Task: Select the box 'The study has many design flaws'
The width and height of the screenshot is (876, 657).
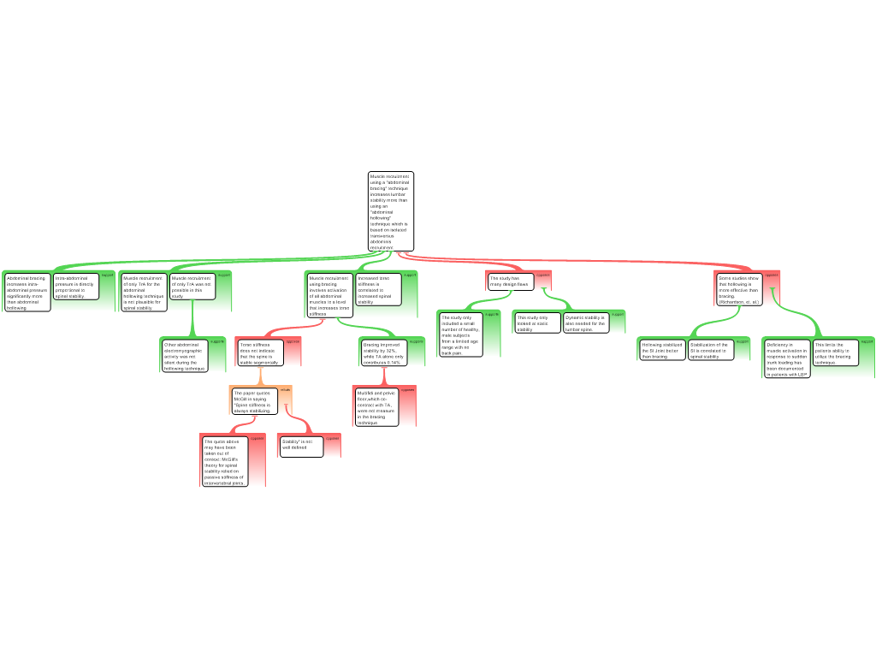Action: [511, 281]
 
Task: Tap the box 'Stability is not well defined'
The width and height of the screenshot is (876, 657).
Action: [301, 446]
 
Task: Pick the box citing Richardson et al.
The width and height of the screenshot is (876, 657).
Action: [739, 290]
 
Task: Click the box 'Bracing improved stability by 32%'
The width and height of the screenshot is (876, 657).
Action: [382, 353]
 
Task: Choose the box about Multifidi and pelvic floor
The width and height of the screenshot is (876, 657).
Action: [376, 407]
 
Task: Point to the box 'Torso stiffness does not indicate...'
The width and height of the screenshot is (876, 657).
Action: [259, 353]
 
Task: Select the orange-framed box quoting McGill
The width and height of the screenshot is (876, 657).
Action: [254, 401]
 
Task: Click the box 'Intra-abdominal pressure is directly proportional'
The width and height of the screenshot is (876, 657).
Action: [76, 287]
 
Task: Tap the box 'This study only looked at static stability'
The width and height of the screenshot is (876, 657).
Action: [538, 323]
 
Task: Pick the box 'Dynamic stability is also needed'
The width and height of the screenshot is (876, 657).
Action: [586, 323]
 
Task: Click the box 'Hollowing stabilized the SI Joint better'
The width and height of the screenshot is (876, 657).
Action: [662, 350]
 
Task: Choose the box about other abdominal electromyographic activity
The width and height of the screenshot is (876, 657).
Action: [185, 356]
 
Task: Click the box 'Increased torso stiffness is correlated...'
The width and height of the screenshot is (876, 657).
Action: [376, 290]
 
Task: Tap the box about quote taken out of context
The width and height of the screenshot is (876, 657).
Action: [225, 462]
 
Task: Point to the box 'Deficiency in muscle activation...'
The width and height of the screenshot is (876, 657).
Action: [786, 359]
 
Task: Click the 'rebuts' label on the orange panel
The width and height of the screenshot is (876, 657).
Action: [286, 389]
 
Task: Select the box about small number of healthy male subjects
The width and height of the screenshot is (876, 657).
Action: [460, 334]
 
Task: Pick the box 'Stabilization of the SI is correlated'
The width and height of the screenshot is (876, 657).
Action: [711, 350]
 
